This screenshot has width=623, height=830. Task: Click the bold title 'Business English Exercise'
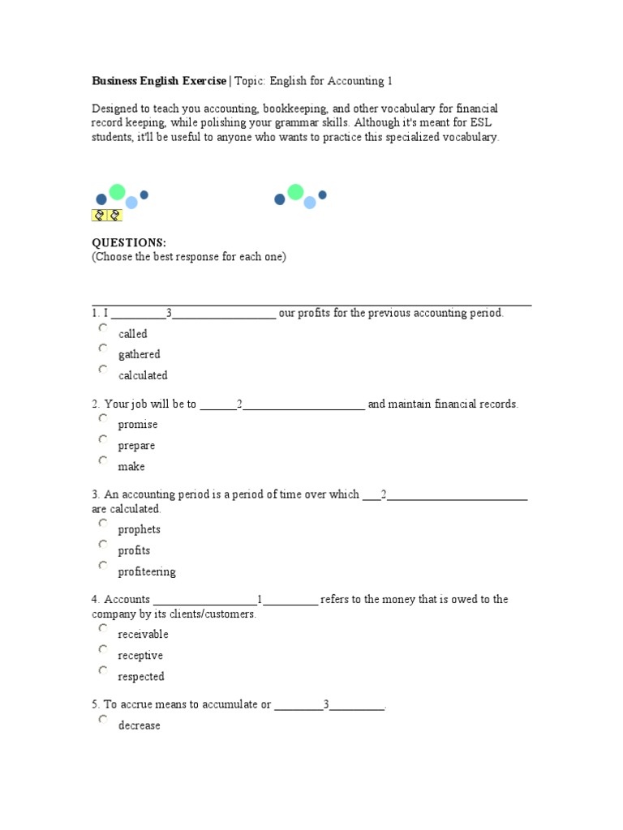[159, 81]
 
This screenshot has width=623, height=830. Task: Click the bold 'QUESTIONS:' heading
[129, 243]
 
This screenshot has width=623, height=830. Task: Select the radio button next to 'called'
[103, 327]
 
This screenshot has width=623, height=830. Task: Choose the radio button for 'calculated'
[103, 370]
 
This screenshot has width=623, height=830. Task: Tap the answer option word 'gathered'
[140, 355]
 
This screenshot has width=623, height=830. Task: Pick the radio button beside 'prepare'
[103, 439]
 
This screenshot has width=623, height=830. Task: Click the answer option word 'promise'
[138, 425]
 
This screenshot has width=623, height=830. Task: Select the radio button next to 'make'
[103, 460]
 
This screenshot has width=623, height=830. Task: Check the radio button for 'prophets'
[103, 524]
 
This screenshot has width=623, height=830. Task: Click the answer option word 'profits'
[134, 551]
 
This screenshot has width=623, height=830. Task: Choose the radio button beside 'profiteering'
[103, 566]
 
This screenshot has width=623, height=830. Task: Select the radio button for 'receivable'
[103, 628]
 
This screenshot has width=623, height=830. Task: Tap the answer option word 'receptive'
[140, 656]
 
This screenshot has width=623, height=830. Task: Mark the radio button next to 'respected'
[103, 670]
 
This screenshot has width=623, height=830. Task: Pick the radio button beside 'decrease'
[103, 720]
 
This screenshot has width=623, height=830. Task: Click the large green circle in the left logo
[118, 191]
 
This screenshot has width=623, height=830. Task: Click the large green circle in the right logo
[295, 191]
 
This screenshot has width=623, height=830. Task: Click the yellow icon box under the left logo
[107, 215]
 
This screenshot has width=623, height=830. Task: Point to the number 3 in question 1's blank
[169, 313]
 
